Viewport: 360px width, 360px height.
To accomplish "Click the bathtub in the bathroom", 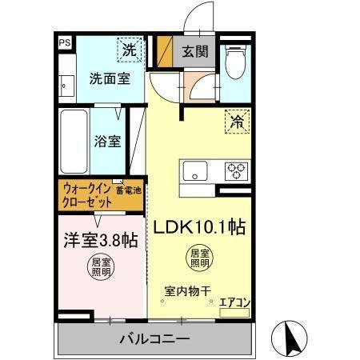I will [75, 143].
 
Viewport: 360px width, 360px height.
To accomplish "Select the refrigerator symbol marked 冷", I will [238, 122].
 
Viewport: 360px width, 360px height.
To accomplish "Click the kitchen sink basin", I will [195, 170].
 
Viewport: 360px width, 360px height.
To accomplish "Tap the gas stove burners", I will [236, 170].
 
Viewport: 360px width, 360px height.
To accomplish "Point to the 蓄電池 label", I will [128, 190].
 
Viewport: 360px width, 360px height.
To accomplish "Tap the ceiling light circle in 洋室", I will [101, 266].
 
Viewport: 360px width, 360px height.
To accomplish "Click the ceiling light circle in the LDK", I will [199, 258].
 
